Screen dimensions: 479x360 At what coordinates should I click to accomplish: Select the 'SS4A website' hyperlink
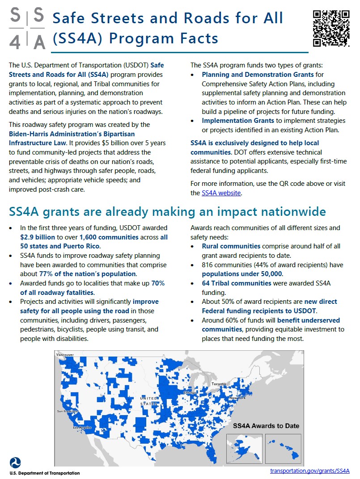point(221,193)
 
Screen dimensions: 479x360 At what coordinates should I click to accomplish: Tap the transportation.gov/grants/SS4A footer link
point(309,471)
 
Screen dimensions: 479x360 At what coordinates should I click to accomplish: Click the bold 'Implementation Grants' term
point(238,121)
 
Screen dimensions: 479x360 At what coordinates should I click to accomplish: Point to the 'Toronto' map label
point(219,384)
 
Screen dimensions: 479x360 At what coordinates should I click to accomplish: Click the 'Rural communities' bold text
point(231,246)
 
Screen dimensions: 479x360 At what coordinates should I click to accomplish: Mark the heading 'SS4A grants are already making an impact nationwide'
point(167,211)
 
